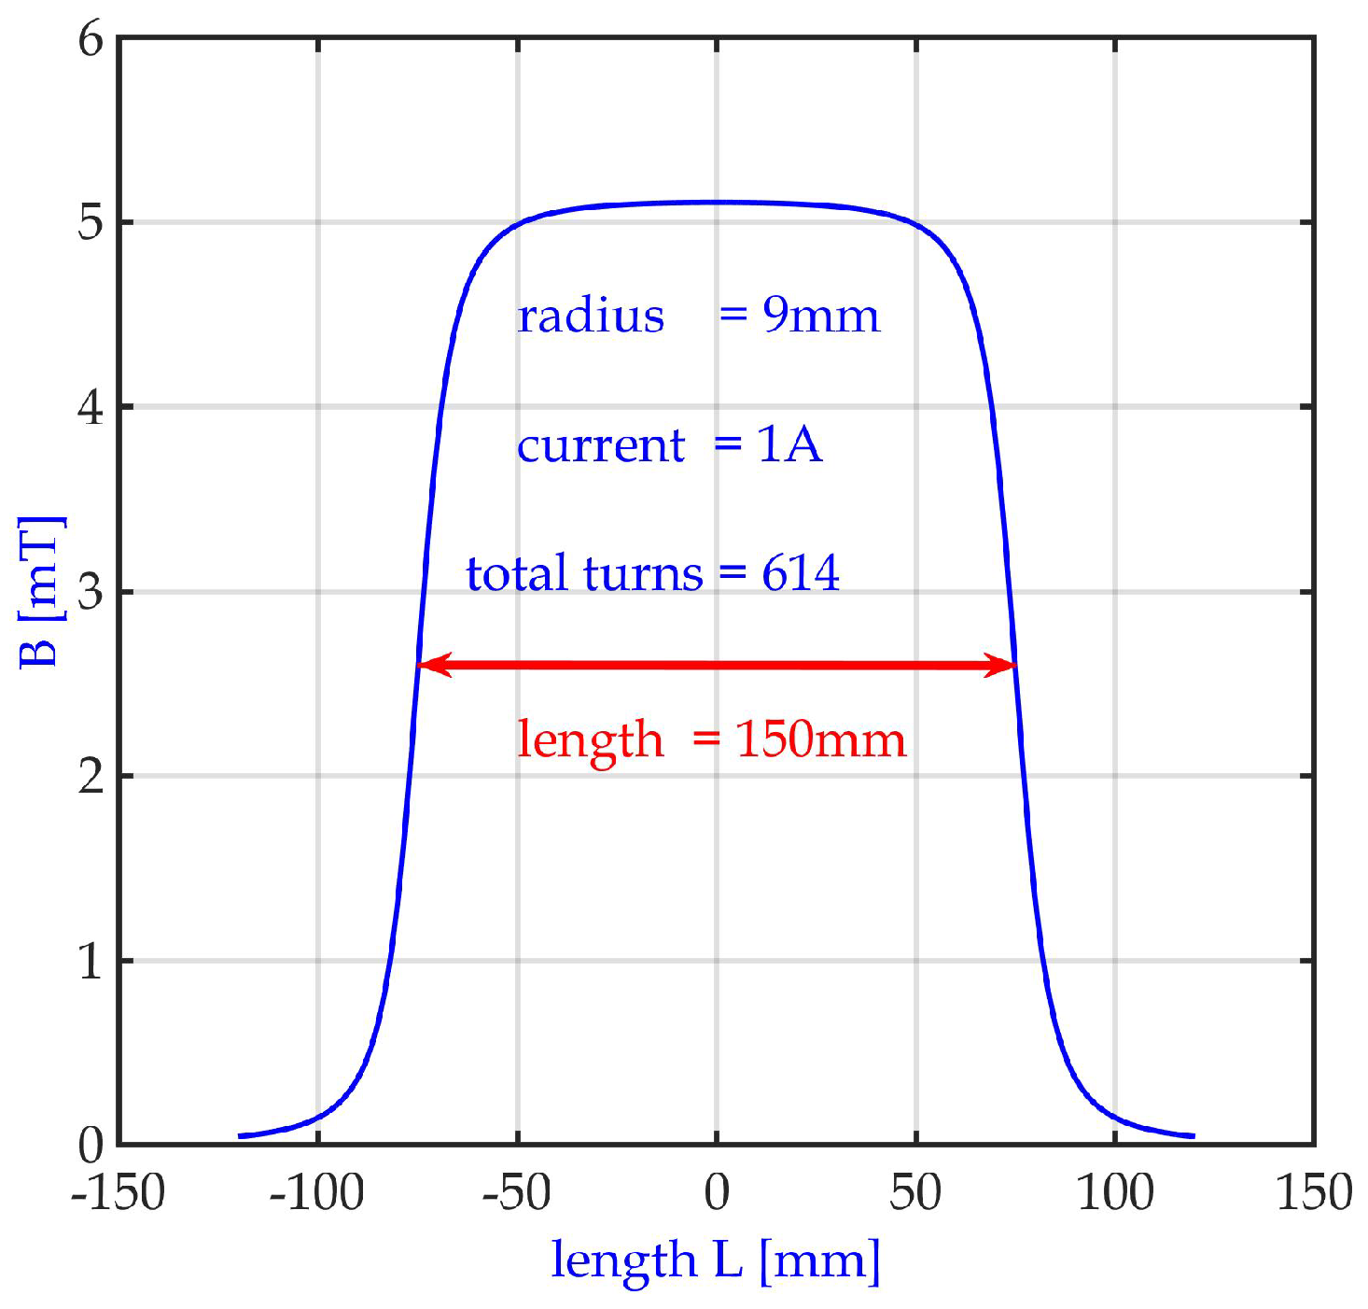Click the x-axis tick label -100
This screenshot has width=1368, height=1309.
(x=316, y=1192)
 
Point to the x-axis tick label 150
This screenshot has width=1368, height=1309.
(x=1313, y=1192)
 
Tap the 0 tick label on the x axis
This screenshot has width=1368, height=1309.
(x=717, y=1192)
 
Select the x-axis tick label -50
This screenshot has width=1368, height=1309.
(x=516, y=1192)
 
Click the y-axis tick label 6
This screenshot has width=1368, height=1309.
(x=91, y=40)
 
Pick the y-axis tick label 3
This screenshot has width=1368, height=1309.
(x=91, y=592)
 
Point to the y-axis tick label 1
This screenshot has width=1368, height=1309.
(x=91, y=961)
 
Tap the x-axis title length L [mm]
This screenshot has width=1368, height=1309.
(x=716, y=1260)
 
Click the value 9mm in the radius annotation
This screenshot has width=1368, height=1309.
(x=821, y=316)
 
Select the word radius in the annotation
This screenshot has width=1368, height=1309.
(x=591, y=316)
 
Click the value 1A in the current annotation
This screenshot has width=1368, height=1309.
(x=789, y=444)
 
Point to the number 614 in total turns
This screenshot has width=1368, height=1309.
(x=801, y=573)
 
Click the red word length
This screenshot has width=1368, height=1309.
(x=591, y=739)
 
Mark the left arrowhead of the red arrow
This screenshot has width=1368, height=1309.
(x=431, y=665)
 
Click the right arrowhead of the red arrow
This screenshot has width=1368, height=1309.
(x=1002, y=666)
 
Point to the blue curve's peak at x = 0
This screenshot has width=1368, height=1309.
(x=717, y=202)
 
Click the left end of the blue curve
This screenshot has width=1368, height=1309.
(x=241, y=1135)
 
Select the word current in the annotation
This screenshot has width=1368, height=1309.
(x=601, y=445)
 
